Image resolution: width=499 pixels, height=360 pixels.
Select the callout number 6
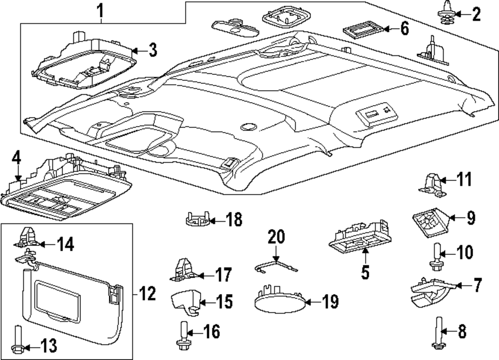click(404, 28)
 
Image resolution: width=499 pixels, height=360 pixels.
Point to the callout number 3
click(153, 49)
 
